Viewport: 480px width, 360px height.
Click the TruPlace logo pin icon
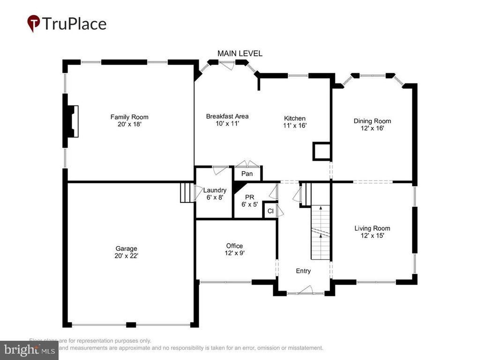pyautogui.click(x=34, y=23)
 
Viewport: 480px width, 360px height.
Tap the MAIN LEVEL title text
pyautogui.click(x=240, y=53)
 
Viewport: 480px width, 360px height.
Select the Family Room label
pyautogui.click(x=129, y=117)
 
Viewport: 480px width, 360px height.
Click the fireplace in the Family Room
pyautogui.click(x=72, y=121)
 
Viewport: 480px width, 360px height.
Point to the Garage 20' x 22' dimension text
pyautogui.click(x=127, y=256)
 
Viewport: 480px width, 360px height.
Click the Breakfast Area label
pyautogui.click(x=227, y=116)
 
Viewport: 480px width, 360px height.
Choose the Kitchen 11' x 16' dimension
pyautogui.click(x=295, y=126)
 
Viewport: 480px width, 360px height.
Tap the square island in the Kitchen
pyautogui.click(x=322, y=151)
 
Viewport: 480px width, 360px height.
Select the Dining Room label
pyautogui.click(x=372, y=121)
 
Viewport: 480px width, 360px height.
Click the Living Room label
pyautogui.click(x=372, y=228)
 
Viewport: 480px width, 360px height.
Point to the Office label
pyautogui.click(x=234, y=246)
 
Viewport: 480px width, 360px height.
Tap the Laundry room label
pyautogui.click(x=215, y=190)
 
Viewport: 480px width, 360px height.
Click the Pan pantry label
pyautogui.click(x=247, y=174)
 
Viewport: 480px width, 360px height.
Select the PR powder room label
pyautogui.click(x=249, y=197)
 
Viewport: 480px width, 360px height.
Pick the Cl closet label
pyautogui.click(x=270, y=211)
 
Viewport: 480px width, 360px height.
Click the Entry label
pyautogui.click(x=303, y=271)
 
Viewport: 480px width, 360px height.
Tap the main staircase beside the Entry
pyautogui.click(x=321, y=232)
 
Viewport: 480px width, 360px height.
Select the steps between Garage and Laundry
pyautogui.click(x=187, y=193)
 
